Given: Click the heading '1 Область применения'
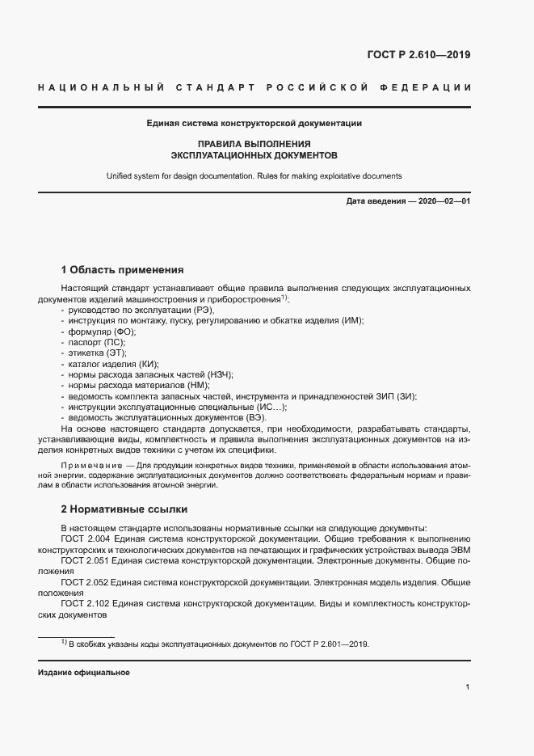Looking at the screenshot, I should (123, 269).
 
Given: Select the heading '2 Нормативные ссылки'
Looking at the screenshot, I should (124, 509).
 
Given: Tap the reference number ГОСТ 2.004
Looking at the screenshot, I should (85, 538).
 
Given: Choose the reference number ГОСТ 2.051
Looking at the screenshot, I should (85, 560).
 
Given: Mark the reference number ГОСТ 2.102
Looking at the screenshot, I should (85, 603).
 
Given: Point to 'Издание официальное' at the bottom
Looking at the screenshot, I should (84, 673).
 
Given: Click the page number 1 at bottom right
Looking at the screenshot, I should (468, 687).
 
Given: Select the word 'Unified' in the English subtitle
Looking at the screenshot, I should (120, 175).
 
